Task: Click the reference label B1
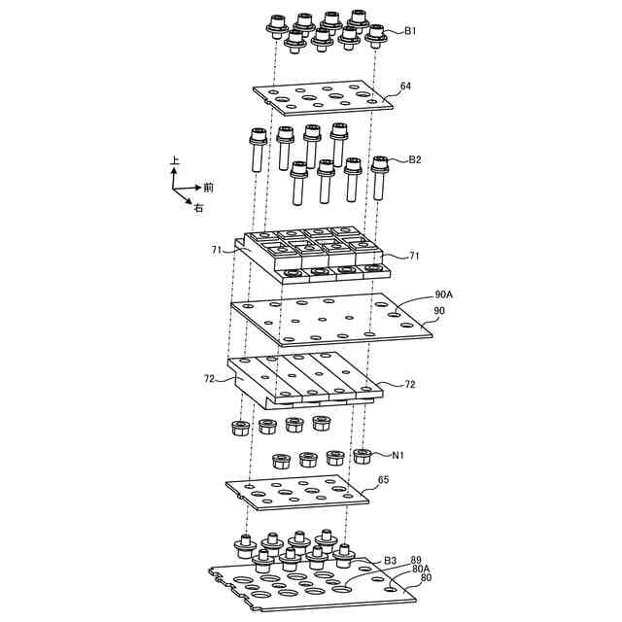[411, 31]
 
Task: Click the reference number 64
[405, 86]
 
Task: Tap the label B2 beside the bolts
[415, 159]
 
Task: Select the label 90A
[444, 293]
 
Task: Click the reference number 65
[383, 480]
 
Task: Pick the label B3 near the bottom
[390, 561]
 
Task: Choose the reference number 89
[417, 561]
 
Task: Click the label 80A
[421, 570]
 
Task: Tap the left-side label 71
[217, 251]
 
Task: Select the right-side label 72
[409, 385]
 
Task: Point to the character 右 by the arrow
[197, 208]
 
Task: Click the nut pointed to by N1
[363, 455]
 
